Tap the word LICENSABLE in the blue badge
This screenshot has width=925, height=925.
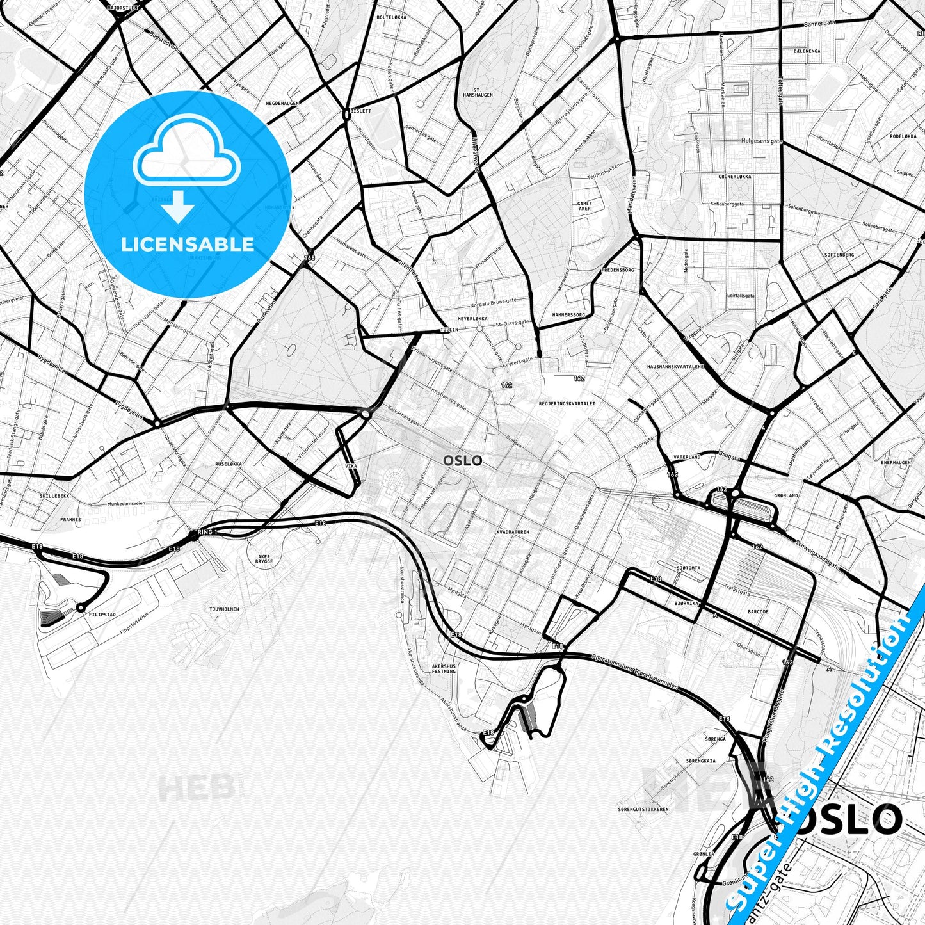(188, 244)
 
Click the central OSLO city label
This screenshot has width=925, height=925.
(462, 460)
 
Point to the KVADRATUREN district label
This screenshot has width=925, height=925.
(513, 532)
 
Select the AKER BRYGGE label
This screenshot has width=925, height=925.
(264, 559)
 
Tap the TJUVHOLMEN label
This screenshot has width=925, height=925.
(224, 609)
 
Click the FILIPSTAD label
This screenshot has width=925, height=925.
(102, 614)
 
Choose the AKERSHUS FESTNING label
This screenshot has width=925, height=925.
(444, 669)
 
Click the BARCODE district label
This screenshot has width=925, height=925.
(759, 611)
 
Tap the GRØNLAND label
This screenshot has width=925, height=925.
(786, 495)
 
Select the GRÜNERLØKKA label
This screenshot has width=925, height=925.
(734, 176)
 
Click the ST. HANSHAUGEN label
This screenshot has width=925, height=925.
(483, 92)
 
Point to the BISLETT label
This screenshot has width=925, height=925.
(360, 111)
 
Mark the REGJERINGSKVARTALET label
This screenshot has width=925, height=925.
(567, 404)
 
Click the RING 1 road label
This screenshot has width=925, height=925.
(208, 532)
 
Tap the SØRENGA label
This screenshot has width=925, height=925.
(715, 739)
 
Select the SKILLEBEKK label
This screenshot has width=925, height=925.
(54, 496)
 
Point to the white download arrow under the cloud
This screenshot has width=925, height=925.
(179, 209)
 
